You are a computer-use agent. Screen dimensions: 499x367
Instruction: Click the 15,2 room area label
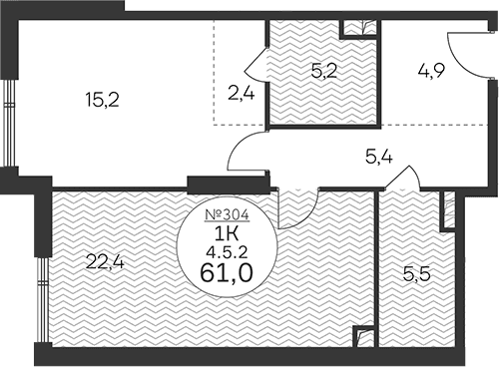point(102,100)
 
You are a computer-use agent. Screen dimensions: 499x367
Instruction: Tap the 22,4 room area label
point(105,261)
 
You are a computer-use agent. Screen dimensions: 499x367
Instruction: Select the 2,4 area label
point(242,93)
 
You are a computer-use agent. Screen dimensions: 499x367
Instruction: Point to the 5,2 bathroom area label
point(324,71)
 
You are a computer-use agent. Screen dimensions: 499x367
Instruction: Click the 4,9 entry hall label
point(431,71)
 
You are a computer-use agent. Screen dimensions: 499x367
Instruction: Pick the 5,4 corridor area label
point(379,157)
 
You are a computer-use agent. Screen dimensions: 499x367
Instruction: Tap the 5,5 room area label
point(417,274)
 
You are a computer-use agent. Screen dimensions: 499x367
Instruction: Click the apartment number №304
point(228,215)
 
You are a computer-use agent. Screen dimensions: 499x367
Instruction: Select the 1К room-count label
point(228,235)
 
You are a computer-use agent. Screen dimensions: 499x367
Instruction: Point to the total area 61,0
point(227,273)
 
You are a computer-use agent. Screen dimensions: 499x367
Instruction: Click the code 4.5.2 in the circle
point(228,253)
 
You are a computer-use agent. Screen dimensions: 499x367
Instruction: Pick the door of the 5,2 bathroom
point(256,65)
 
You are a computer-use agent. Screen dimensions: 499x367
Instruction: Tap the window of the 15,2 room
point(10,123)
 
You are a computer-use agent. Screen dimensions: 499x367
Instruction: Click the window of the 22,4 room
point(43,299)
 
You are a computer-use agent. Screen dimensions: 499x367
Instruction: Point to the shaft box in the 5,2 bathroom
point(360,28)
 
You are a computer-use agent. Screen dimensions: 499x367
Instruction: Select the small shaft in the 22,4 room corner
point(364,336)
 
